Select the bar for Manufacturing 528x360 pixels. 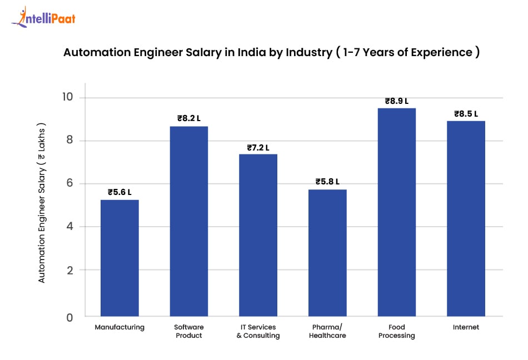click(119, 258)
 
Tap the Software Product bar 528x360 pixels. click(188, 222)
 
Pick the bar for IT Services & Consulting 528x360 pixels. click(258, 236)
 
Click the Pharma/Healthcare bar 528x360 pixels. click(327, 253)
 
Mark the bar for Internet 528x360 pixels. click(466, 219)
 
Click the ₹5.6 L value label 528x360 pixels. click(119, 192)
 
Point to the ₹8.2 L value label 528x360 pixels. click(189, 118)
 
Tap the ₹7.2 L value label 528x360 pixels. click(258, 148)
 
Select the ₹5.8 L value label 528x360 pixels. click(327, 182)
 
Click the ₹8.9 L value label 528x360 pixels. click(397, 101)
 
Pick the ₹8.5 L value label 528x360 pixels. click(466, 113)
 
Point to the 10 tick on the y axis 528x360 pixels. click(67, 98)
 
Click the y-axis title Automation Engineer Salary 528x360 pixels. click(42, 203)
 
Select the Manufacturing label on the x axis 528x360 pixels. click(119, 327)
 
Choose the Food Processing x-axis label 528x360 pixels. click(397, 331)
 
